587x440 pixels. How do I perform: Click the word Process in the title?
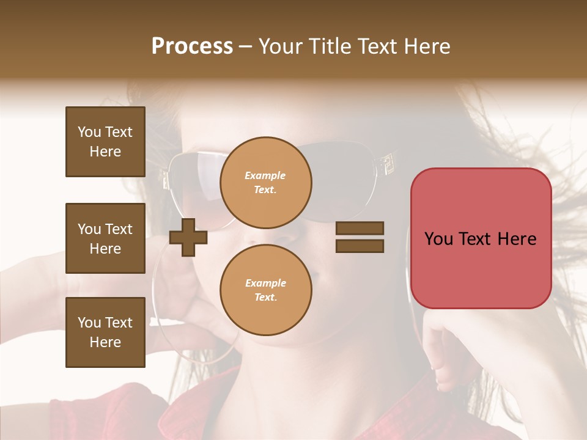192,46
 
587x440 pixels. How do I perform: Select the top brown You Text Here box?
105,142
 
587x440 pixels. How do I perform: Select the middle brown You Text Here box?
105,238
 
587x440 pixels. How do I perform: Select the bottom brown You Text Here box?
105,332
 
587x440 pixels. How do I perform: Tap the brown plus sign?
188,238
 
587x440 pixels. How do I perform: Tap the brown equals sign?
360,237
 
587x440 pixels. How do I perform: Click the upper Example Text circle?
265,182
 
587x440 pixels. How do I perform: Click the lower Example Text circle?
265,290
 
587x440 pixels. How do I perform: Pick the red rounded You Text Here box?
481,238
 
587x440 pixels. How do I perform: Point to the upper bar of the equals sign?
360,229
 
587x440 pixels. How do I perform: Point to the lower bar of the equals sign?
360,246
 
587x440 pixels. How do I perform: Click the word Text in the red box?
480,239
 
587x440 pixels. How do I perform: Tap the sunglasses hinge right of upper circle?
385,164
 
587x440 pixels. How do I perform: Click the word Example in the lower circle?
265,283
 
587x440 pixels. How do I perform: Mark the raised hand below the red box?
452,348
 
